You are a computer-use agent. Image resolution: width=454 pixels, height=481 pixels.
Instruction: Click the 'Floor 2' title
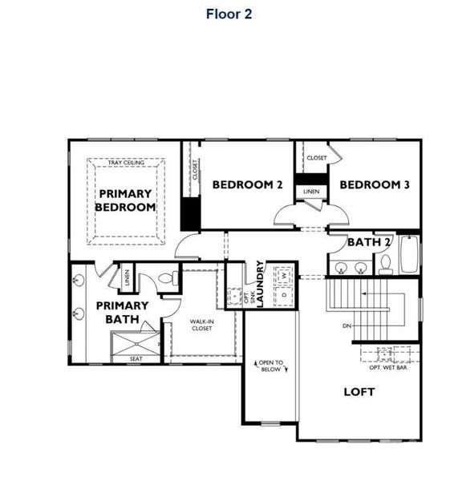point(229,14)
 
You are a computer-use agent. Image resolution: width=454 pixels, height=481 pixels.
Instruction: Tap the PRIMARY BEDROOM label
point(125,200)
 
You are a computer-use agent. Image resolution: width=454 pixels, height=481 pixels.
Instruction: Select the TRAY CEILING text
point(127,163)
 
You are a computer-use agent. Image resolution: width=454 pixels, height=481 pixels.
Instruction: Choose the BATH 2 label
point(369,242)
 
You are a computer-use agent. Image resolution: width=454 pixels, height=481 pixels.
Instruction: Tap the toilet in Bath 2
point(385,264)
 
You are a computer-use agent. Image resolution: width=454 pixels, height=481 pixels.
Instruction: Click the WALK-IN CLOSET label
point(201,325)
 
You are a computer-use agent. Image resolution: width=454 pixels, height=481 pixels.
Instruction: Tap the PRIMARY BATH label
point(122,312)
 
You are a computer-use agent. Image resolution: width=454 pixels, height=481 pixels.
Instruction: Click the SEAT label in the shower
point(136,359)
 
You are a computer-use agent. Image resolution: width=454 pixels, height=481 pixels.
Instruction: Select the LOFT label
point(359,392)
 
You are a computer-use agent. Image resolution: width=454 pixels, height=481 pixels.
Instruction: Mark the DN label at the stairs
point(347,326)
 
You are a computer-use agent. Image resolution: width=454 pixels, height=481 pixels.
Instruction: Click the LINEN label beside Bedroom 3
point(311,192)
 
